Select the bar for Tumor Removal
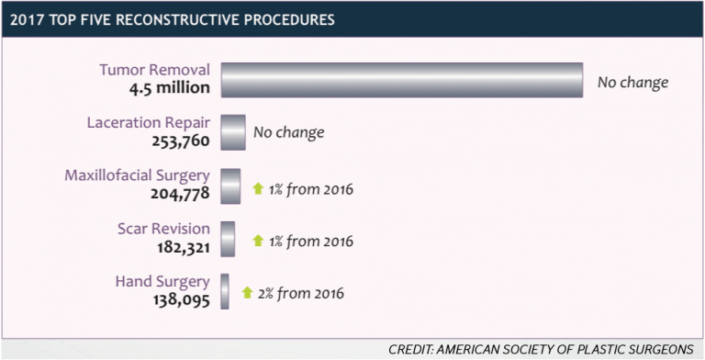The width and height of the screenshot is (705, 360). (402, 80)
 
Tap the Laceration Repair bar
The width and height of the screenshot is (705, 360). (233, 132)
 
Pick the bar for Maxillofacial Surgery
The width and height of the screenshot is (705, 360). (230, 186)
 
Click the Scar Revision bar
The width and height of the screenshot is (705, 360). (228, 238)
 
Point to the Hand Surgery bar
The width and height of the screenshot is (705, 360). (225, 291)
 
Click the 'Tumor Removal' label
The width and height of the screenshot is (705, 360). (154, 70)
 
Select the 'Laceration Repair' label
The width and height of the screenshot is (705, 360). (148, 123)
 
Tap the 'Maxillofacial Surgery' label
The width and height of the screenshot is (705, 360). (137, 175)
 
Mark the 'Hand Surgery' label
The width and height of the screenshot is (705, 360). (162, 281)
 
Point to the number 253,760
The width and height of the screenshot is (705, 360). (181, 141)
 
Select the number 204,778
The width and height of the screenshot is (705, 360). (181, 194)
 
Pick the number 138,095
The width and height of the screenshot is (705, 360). (182, 299)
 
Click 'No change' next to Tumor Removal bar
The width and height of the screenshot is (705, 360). (632, 82)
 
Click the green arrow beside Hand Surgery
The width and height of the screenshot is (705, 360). (247, 293)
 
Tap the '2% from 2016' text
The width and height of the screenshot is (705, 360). (301, 294)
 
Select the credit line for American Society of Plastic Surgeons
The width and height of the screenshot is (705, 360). (541, 349)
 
